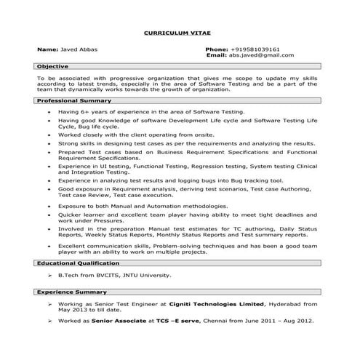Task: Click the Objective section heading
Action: (x=53, y=66)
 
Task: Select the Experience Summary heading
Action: (x=73, y=292)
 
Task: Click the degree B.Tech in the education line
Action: (x=72, y=276)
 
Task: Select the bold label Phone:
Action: (x=217, y=49)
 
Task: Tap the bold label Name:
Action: (x=47, y=49)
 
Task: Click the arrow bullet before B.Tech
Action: (x=49, y=276)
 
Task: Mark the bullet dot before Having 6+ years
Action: (x=49, y=113)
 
